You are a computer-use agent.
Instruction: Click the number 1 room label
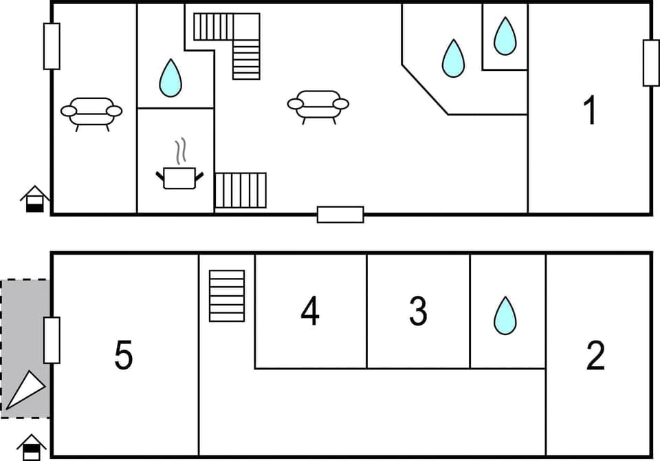(589, 111)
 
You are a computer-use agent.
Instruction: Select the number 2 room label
(595, 355)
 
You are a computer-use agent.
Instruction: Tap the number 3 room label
(418, 311)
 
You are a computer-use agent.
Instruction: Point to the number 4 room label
(310, 312)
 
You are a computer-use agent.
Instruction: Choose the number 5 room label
(124, 356)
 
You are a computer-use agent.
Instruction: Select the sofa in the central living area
(318, 106)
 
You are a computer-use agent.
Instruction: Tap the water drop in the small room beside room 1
(505, 36)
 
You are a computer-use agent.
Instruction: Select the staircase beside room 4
(227, 296)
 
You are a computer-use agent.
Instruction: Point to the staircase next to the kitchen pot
(241, 191)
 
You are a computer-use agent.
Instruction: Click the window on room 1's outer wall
(650, 63)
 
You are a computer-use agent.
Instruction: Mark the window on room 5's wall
(52, 340)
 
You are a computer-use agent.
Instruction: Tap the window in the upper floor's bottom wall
(340, 215)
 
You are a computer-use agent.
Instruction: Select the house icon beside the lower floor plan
(32, 447)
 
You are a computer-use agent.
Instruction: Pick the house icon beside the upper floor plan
(34, 199)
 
